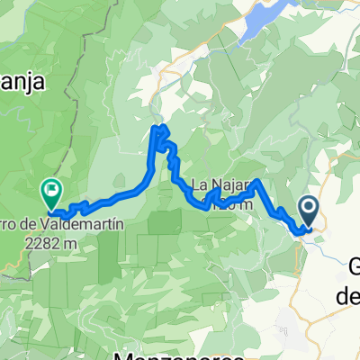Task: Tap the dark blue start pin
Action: coord(309,211)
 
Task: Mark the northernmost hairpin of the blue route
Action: coord(160,131)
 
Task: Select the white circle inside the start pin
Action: coord(309,208)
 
